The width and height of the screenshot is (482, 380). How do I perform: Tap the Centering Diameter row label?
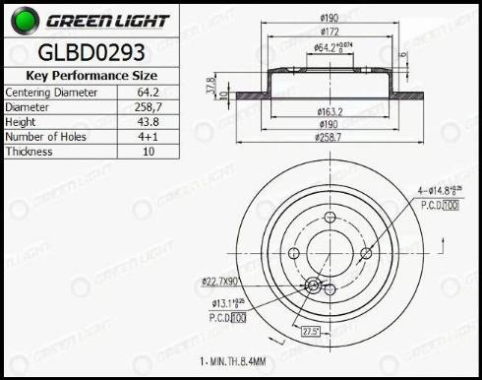coord(51,92)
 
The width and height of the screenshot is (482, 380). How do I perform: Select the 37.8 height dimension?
coord(211,85)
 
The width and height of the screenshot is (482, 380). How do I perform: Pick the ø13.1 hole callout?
coord(225,303)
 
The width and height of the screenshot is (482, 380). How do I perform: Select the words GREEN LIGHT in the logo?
coord(106,20)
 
